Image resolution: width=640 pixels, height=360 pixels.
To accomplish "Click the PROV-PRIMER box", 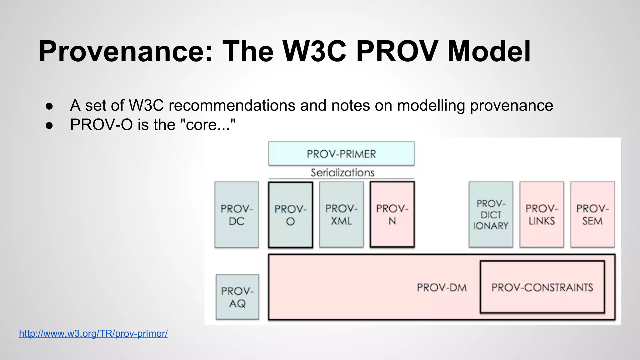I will tap(341, 153).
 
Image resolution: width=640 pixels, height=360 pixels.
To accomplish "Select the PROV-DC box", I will tap(237, 215).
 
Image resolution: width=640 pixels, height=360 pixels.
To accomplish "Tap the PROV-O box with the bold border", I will tap(290, 215).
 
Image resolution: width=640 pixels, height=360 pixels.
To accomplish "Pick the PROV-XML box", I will tap(341, 215).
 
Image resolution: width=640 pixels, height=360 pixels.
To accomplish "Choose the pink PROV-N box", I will tap(392, 215).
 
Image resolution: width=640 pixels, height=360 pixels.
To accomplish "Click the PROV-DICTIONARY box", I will tap(491, 215).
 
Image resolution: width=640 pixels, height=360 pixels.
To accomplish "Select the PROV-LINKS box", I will tap(542, 215).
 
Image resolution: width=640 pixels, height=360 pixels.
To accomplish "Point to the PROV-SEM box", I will tap(592, 215).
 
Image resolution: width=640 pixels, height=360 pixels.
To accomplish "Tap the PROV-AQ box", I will tap(237, 297).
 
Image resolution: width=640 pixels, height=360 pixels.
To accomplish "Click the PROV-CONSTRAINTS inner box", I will tap(542, 287).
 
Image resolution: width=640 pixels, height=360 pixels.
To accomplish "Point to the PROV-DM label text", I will tap(442, 287).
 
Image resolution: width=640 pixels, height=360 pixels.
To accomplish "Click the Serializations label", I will tap(342, 172).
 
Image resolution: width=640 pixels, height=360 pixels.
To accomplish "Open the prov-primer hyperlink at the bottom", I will tap(93, 333).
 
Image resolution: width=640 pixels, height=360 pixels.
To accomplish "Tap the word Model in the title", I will tap(489, 52).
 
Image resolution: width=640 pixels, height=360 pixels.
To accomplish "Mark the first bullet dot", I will tap(49, 106).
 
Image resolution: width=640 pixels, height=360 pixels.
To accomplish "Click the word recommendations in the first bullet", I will tap(232, 105).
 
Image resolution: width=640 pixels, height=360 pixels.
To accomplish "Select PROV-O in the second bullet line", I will tap(101, 125).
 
